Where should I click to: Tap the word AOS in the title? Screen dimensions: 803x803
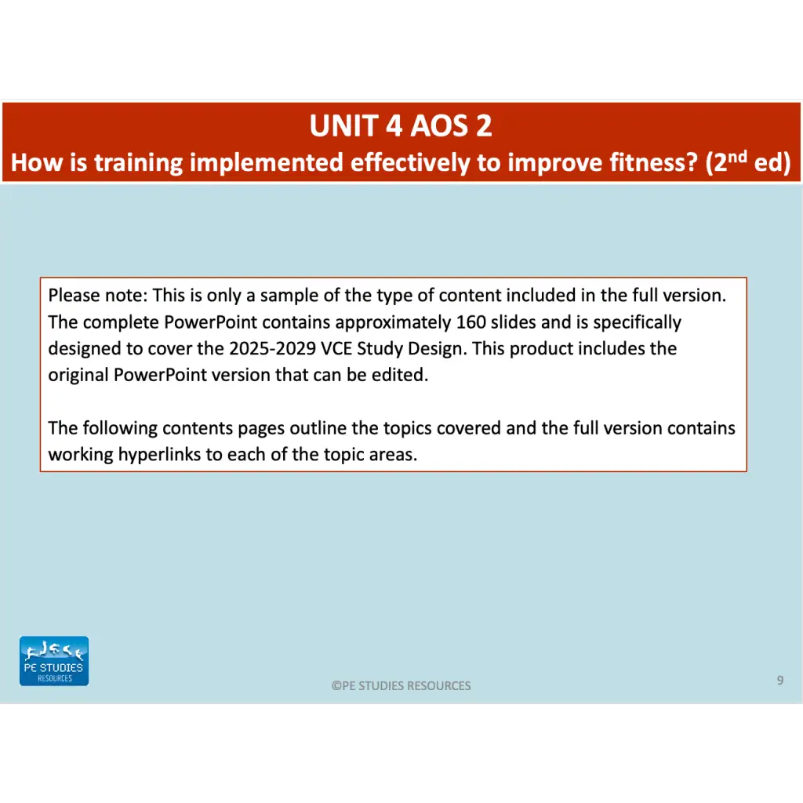coord(419,126)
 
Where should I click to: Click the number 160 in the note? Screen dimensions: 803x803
coord(471,322)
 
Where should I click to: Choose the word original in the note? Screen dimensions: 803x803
coord(78,375)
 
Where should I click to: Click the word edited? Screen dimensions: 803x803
coord(403,375)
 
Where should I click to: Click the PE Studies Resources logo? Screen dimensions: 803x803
coord(54,661)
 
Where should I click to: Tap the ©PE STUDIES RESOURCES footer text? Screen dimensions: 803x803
coord(401,686)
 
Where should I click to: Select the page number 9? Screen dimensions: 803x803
coord(779,681)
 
